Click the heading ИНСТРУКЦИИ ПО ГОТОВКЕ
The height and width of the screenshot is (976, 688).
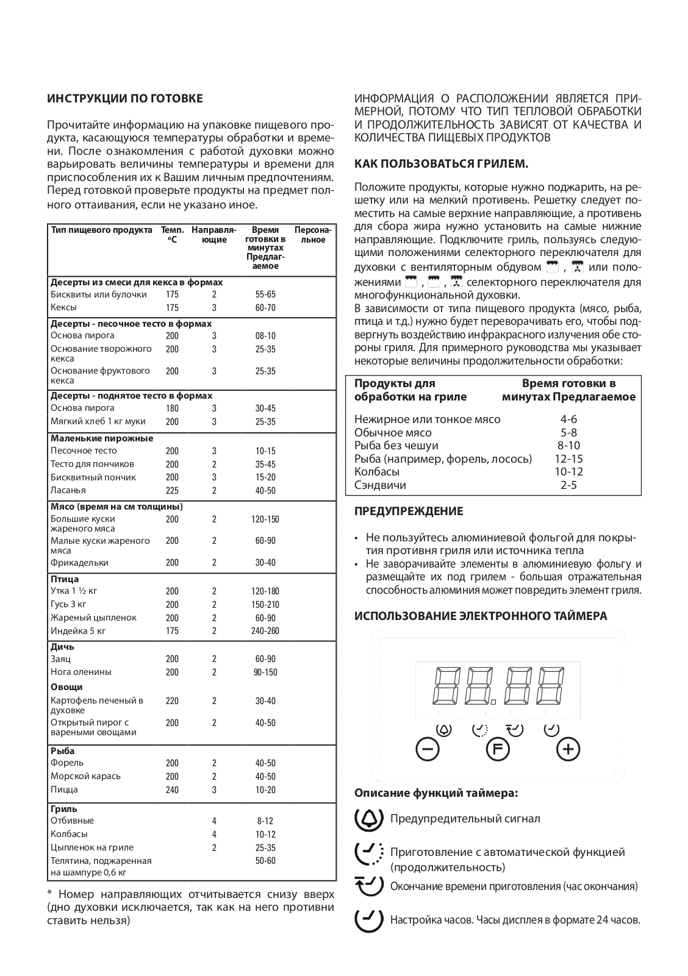[x=125, y=99]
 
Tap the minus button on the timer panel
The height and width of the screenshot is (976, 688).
[x=427, y=749]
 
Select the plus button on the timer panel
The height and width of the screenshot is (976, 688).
[x=568, y=749]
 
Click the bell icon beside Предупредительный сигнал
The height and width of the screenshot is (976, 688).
[x=369, y=819]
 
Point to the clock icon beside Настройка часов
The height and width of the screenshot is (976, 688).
[x=369, y=919]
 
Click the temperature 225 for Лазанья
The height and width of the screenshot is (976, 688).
[x=172, y=491]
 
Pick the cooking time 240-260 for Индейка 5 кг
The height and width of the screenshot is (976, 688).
[x=265, y=631]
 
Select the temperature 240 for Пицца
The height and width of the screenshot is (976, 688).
[x=172, y=790]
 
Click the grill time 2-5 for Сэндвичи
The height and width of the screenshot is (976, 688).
[x=568, y=485]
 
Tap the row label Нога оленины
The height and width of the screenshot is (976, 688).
[x=81, y=672]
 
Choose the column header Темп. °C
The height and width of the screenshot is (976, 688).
[x=172, y=235]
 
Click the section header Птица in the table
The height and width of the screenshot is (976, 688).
[x=65, y=579]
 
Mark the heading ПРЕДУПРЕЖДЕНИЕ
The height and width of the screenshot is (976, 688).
[x=409, y=511]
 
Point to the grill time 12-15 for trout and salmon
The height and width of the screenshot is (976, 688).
[x=568, y=459]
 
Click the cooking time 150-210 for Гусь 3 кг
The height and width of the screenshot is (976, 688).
[x=265, y=605]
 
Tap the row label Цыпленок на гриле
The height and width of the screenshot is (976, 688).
[x=92, y=847]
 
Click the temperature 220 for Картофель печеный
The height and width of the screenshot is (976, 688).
[x=172, y=701]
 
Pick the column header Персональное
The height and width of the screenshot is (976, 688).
[x=314, y=235]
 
